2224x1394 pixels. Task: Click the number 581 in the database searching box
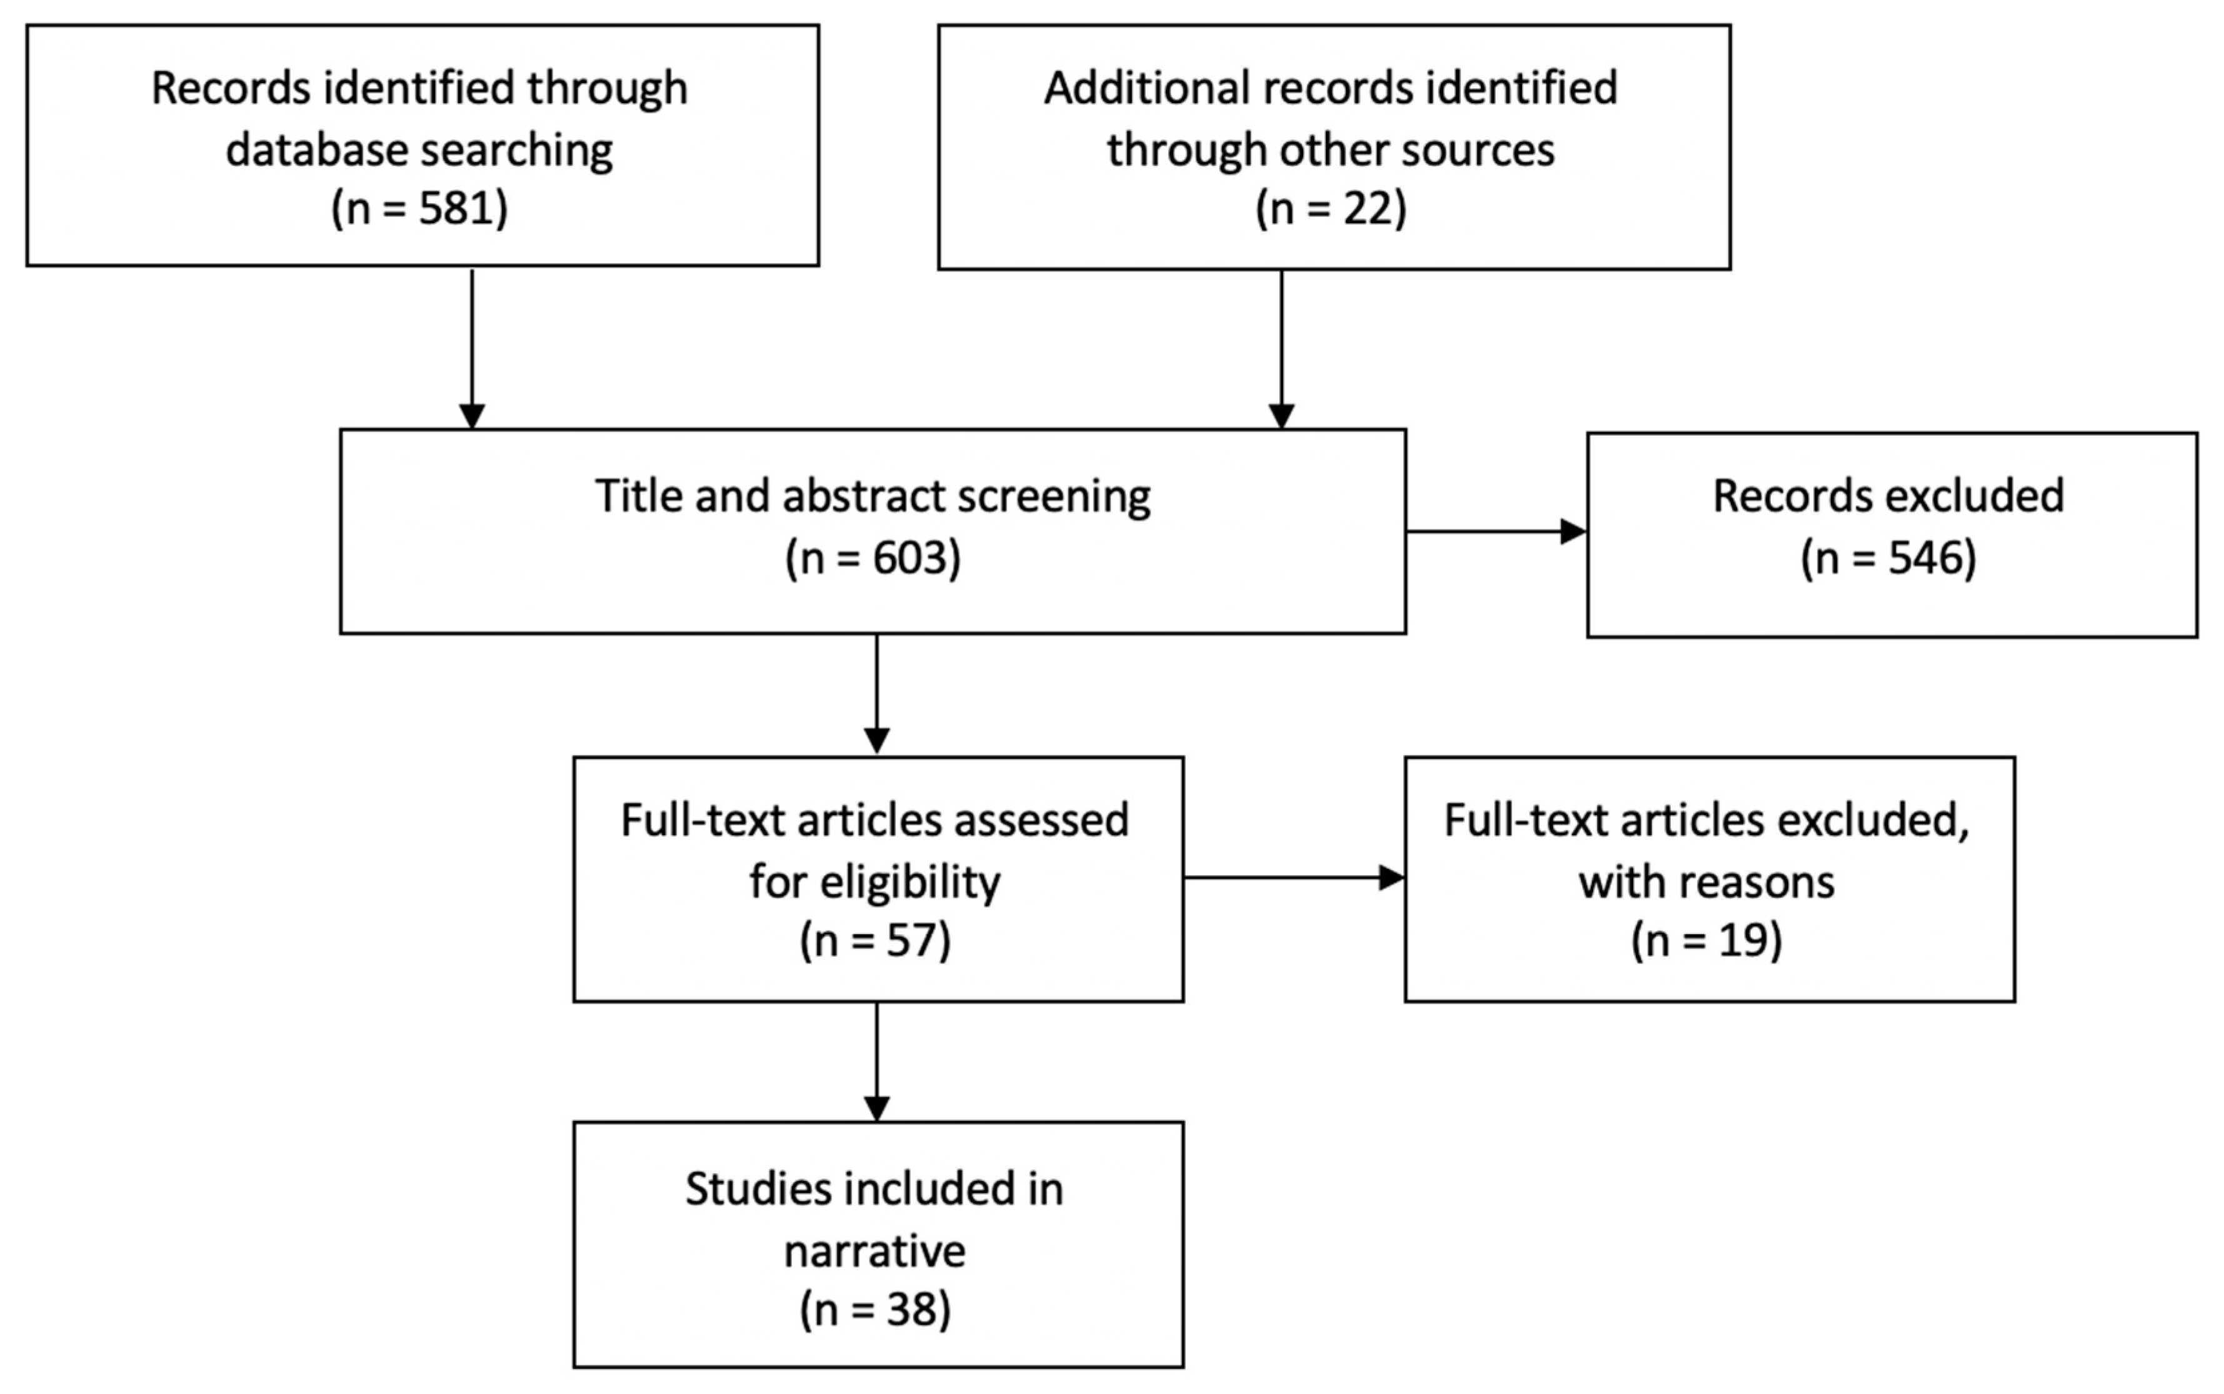[x=456, y=208]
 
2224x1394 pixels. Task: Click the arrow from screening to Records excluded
[x=1496, y=532]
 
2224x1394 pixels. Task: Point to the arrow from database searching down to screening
[x=472, y=349]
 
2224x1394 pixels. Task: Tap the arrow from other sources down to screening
[x=1281, y=349]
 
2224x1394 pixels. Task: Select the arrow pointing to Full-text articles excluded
[x=1294, y=878]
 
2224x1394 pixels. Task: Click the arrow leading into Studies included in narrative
[x=876, y=1062]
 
